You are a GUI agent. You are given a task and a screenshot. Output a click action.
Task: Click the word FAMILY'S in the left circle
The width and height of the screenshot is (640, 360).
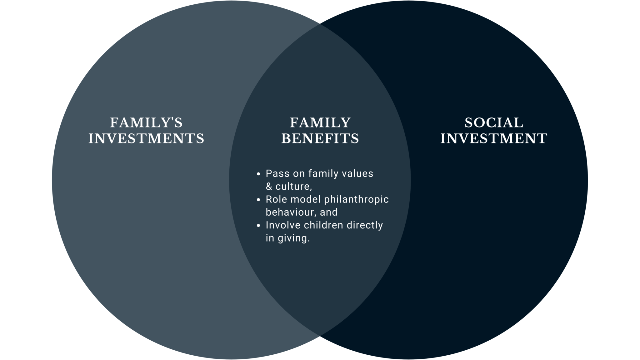146,122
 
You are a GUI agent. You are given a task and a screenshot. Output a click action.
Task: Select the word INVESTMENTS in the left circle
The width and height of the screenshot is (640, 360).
146,138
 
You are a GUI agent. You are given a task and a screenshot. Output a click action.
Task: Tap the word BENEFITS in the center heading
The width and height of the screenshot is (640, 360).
320,138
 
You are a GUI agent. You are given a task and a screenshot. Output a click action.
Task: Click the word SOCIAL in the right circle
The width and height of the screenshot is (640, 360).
494,122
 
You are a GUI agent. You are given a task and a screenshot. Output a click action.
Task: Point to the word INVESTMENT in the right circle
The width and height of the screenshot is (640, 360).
494,138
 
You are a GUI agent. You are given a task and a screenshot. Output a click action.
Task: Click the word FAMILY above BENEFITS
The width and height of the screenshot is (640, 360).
320,122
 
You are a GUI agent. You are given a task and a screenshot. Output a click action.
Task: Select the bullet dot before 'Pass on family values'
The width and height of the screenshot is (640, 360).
258,174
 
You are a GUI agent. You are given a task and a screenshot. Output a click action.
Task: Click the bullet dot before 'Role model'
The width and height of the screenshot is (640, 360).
258,200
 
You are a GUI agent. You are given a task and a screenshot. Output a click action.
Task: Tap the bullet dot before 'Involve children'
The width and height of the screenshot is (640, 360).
258,226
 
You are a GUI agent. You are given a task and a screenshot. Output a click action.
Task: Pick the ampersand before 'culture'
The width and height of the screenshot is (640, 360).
269,187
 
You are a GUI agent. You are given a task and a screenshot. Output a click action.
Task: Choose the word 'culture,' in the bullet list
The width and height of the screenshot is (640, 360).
293,187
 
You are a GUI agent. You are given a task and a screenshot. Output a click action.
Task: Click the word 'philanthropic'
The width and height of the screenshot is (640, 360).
356,200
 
